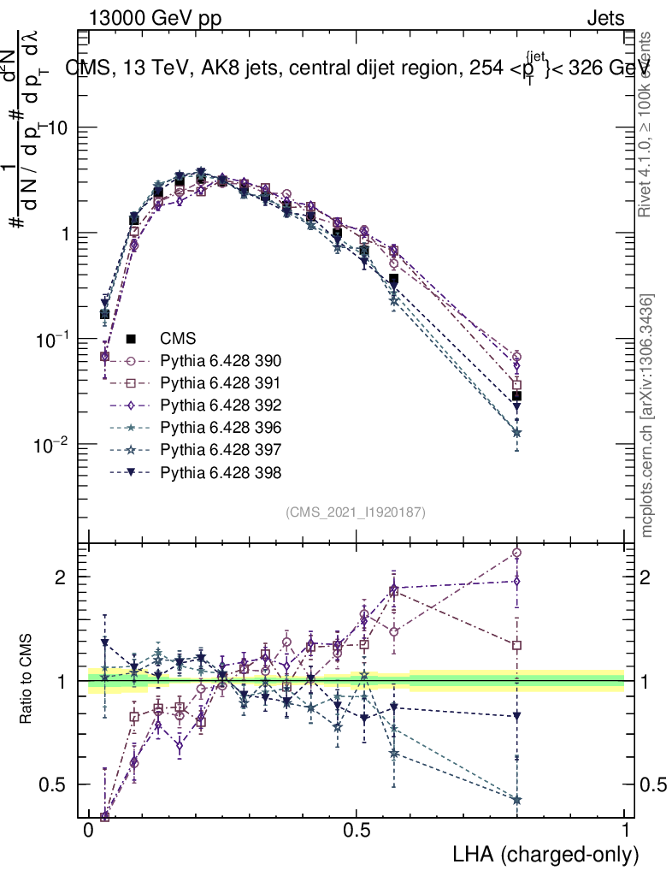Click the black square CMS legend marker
click(133, 338)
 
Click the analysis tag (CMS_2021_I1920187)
click(356, 512)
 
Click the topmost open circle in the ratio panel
click(516, 553)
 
